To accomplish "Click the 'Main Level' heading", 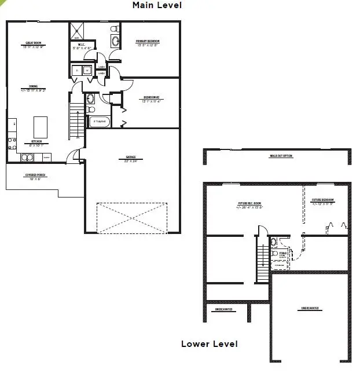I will pos(157,5).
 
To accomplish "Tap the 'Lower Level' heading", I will pos(209,344).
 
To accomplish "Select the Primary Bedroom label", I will pos(148,42).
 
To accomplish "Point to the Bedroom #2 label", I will pos(151,98).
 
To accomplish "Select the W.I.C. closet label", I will pos(82,46).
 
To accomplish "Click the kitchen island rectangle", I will pos(40,126).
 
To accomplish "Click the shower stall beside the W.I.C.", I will pos(77,31).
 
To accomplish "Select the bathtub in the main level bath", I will pos(99,122).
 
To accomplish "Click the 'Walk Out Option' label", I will pos(281,156).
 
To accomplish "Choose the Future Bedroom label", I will pos(322,201).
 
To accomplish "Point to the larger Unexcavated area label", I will pos(310,308).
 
